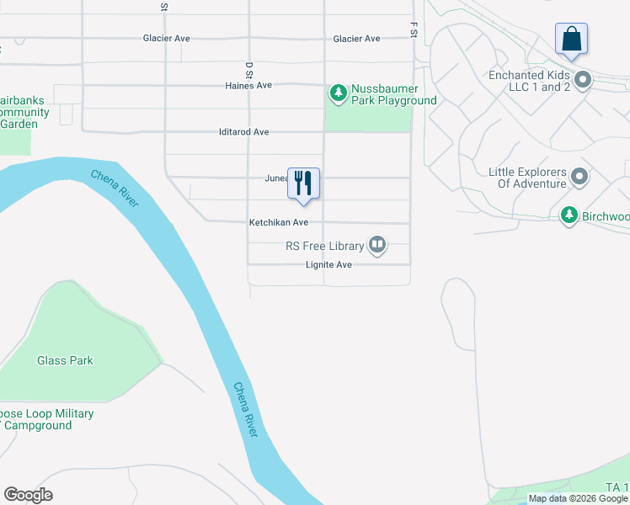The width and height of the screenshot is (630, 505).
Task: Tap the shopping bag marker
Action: click(x=571, y=39)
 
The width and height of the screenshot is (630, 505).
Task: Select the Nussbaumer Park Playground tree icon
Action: click(x=338, y=92)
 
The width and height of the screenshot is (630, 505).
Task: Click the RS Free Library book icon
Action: click(x=377, y=246)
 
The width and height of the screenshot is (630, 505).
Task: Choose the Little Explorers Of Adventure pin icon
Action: click(x=579, y=177)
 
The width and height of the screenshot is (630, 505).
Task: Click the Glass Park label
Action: click(x=65, y=360)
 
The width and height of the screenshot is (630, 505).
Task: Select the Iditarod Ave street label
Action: click(x=243, y=132)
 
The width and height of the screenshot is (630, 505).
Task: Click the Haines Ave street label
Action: click(x=248, y=86)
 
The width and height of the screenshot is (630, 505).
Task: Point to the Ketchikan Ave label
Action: click(x=278, y=223)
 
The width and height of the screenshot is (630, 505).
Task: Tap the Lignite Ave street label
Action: click(x=328, y=265)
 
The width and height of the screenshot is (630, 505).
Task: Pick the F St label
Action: click(x=414, y=30)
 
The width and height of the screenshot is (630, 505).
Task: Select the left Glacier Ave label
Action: click(x=167, y=39)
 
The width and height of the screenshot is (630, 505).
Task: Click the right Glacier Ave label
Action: click(x=356, y=39)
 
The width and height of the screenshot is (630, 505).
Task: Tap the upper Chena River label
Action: click(x=115, y=189)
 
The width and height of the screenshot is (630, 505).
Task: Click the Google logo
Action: click(x=28, y=495)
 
